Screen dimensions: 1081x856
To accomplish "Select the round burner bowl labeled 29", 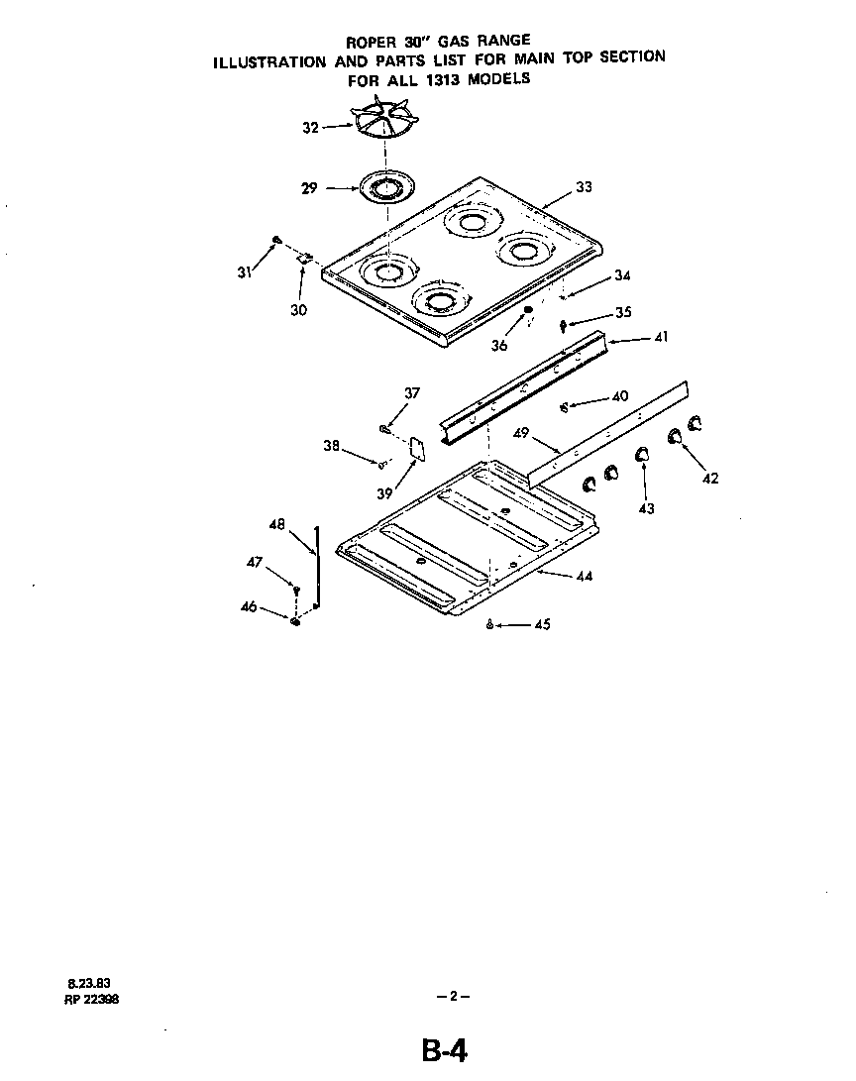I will (x=386, y=187).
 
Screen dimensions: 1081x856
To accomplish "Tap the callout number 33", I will (x=584, y=187).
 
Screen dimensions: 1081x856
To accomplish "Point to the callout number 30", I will (x=298, y=310).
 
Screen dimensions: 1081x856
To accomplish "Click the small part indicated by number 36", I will (x=528, y=311).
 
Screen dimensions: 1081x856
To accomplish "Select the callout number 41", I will (x=660, y=338).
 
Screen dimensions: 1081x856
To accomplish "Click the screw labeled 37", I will (x=383, y=428).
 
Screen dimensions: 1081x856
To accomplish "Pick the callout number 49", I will (x=522, y=433).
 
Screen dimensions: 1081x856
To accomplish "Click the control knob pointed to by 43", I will (x=642, y=454).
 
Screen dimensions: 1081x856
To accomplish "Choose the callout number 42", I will (x=709, y=478).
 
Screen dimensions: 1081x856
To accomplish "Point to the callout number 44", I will (x=584, y=576).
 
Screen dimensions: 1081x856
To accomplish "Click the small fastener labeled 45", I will (x=490, y=624).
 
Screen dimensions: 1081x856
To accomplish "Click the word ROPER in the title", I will (x=370, y=42).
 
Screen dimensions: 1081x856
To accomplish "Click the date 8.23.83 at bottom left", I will (x=82, y=984).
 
